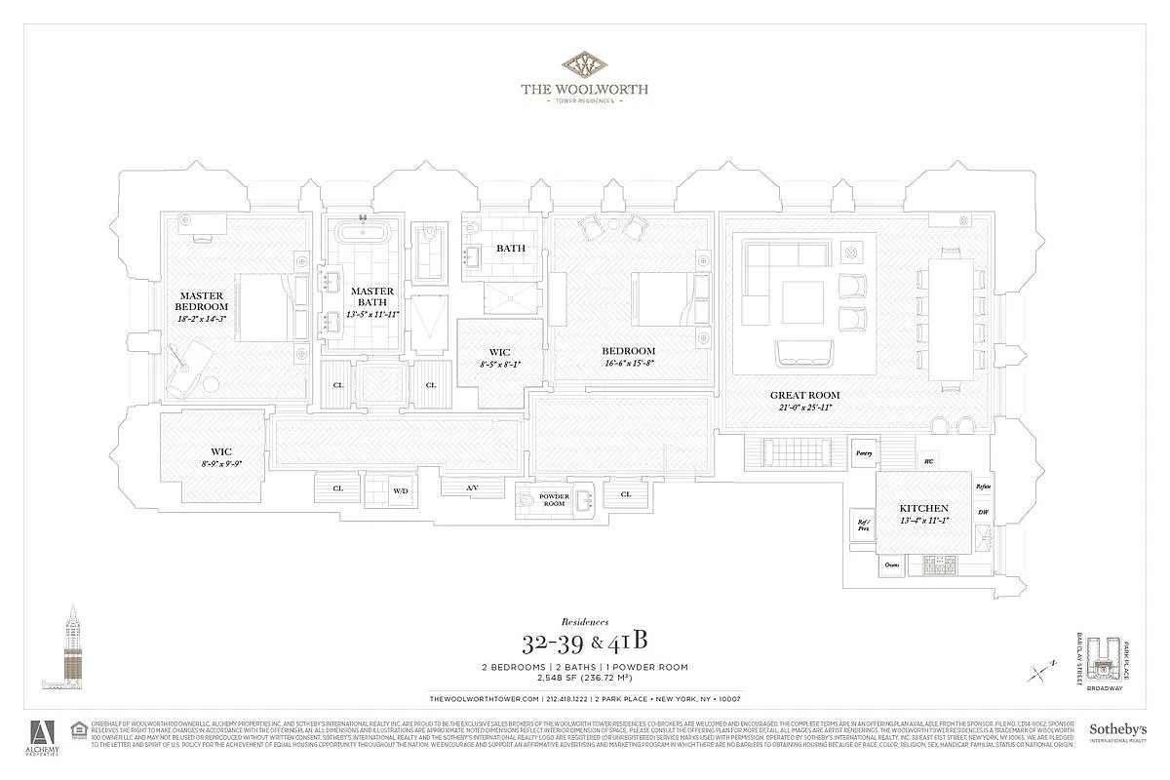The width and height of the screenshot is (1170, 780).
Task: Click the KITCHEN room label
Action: [x=924, y=509]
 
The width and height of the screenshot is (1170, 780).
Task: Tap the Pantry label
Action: [x=863, y=452]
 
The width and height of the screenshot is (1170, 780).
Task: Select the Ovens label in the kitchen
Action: [x=891, y=565]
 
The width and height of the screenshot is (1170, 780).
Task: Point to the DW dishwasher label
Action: [x=983, y=512]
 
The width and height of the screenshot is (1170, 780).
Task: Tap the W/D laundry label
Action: [x=401, y=491]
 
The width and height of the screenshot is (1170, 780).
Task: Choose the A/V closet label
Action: [x=472, y=487]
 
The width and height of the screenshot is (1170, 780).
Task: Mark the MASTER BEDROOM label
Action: [x=202, y=301]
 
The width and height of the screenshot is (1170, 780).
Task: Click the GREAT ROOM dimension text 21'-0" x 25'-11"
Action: [x=804, y=407]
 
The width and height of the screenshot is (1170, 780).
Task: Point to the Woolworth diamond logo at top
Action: [x=584, y=66]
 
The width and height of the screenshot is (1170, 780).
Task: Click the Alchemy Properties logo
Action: [x=43, y=738]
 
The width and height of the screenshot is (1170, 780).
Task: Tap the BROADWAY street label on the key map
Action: [x=1108, y=687]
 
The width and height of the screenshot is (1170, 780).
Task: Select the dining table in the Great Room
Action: [x=950, y=318]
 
